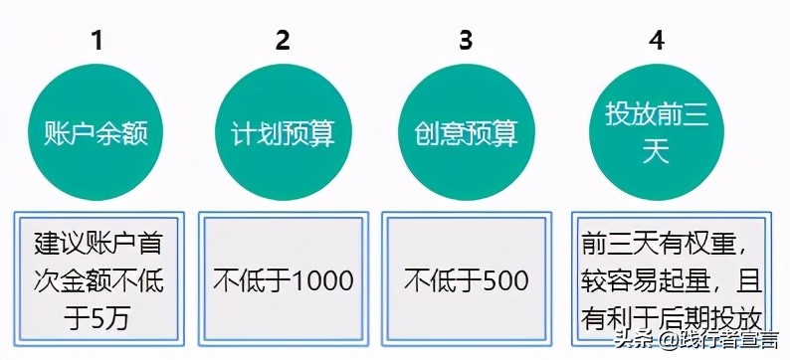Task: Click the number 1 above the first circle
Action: click(97, 41)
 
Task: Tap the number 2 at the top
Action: click(284, 41)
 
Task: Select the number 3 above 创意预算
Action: click(466, 41)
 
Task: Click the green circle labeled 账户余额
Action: click(98, 133)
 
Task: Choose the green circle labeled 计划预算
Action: click(283, 133)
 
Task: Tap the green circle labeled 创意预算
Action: click(467, 133)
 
